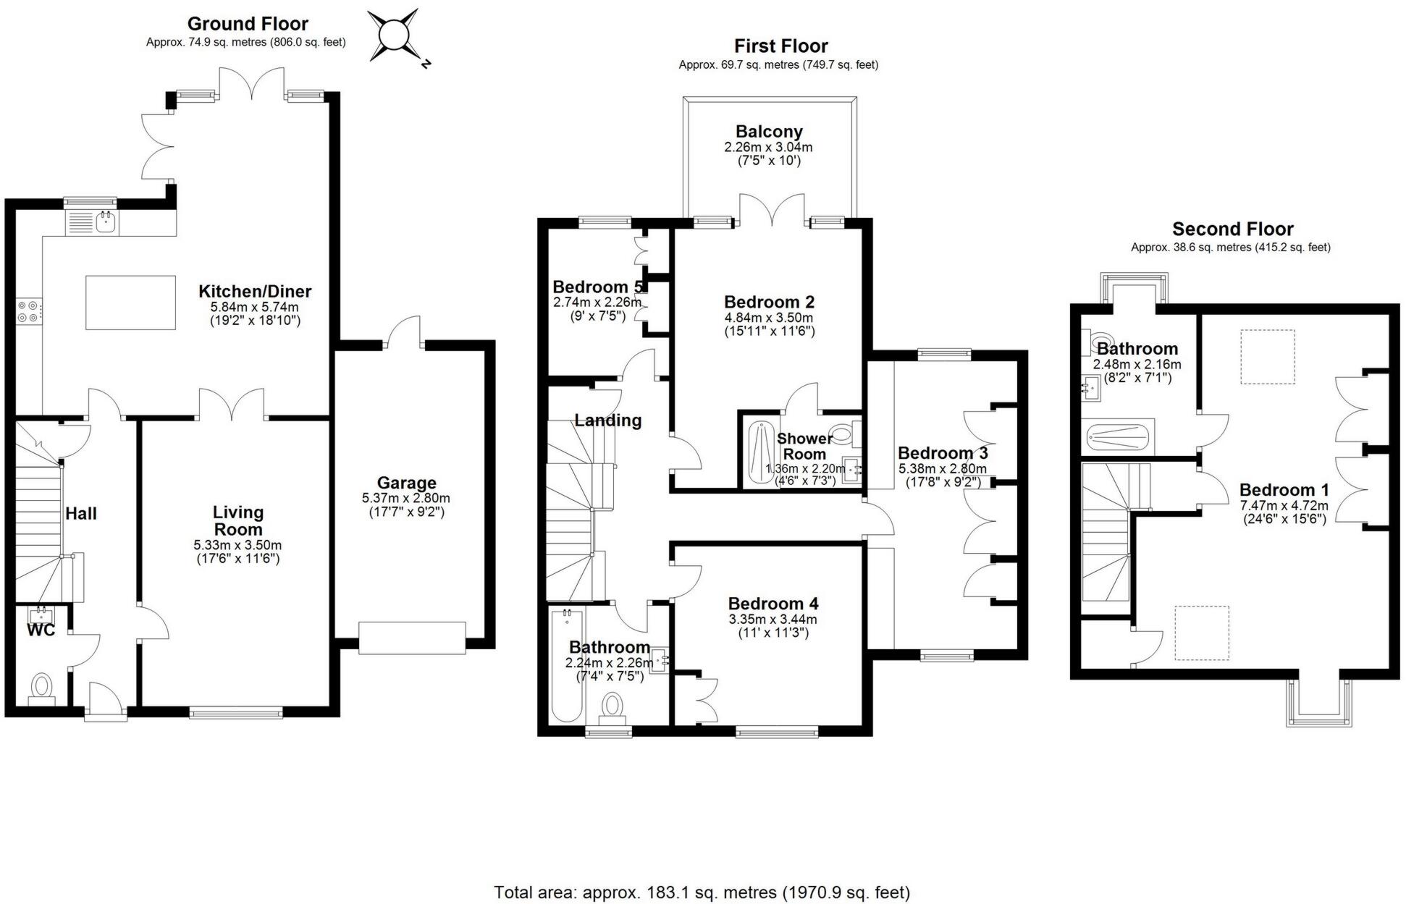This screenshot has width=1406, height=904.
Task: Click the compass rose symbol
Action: [393, 34]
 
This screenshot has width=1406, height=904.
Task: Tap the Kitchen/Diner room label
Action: [255, 292]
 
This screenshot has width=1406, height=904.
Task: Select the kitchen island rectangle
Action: [130, 303]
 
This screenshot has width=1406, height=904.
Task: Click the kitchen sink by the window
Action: [106, 221]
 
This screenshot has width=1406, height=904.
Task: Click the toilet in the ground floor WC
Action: [42, 686]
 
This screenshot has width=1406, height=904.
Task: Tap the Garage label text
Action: [406, 483]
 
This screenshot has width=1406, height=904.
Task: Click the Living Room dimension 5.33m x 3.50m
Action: [237, 545]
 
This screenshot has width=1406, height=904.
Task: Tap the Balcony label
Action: [769, 132]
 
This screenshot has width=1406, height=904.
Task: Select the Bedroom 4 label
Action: [773, 604]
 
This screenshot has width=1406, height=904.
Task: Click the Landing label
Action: [608, 421]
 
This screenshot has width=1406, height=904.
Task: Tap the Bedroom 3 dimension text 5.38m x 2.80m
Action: [943, 468]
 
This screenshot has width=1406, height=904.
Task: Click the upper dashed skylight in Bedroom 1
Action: [1267, 357]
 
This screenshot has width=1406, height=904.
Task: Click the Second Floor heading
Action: [1232, 229]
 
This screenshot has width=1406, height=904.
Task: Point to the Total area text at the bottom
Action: [702, 892]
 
